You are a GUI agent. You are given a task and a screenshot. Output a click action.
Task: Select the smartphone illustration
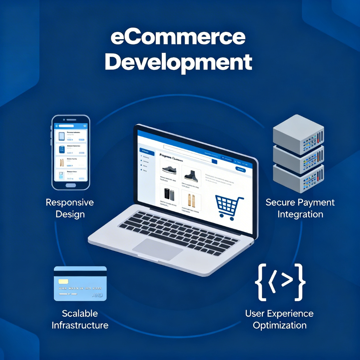point(71,152)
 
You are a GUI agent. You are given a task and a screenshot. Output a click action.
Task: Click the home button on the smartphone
point(70,185)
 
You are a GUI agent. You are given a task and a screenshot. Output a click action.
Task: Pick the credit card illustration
point(80,284)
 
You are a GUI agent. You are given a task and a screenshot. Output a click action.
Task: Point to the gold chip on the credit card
point(63,282)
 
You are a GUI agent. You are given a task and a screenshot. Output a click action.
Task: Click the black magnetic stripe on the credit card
point(80,273)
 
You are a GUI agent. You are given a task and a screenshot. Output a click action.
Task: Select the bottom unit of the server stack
point(298,178)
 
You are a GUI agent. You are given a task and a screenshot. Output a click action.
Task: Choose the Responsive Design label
point(70,208)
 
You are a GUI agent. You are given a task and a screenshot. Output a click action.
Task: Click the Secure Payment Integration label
point(300,208)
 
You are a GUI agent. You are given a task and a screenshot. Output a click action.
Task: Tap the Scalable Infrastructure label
point(80,319)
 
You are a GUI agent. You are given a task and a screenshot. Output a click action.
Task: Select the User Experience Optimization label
point(279,319)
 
